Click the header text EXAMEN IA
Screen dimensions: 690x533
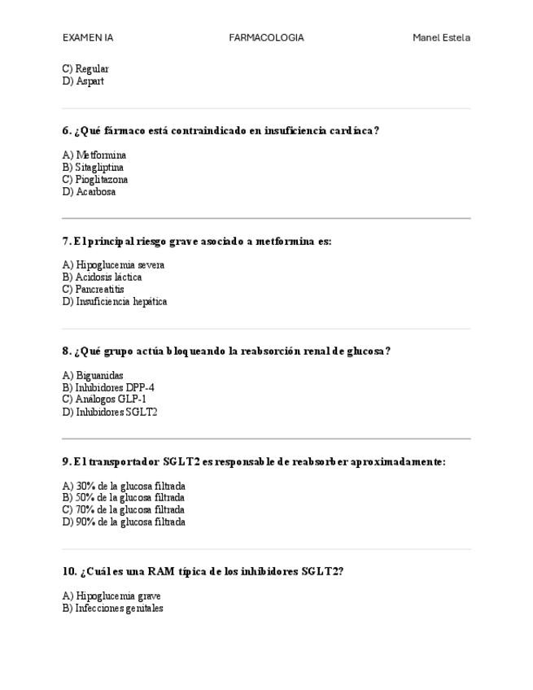[88, 37]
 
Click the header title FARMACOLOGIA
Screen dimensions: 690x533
[266, 37]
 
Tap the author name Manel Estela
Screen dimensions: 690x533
[441, 37]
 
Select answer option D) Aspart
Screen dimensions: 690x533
[83, 81]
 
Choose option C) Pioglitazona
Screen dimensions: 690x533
[95, 180]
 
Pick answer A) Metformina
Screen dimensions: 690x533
[94, 155]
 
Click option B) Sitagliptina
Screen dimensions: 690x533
[93, 168]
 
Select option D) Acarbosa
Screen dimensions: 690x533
[89, 192]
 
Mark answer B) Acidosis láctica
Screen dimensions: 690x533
[102, 277]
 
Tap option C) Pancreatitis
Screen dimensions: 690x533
[94, 290]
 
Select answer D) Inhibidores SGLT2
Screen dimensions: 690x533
[110, 413]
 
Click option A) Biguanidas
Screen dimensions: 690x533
[93, 376]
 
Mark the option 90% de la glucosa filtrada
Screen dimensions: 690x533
[124, 522]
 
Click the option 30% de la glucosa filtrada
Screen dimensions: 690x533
[124, 487]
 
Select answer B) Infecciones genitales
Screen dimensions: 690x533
[112, 609]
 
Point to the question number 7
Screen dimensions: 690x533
[66, 242]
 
